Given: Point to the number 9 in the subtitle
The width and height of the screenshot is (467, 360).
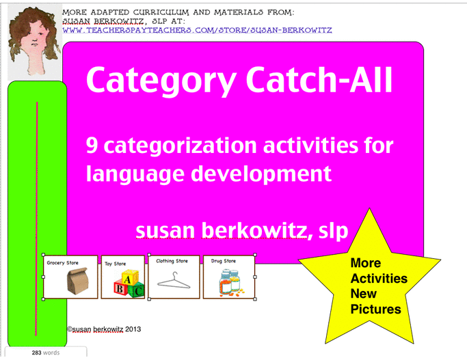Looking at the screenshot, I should (92, 146).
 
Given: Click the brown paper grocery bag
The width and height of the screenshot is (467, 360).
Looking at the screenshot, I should (69, 282).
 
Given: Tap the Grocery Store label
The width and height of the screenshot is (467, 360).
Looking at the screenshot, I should (62, 262).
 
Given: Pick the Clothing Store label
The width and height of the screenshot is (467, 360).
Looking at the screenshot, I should (172, 261).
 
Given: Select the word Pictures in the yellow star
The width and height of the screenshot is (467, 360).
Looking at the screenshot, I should (375, 309).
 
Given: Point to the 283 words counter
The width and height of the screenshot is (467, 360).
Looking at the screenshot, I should (45, 352).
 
